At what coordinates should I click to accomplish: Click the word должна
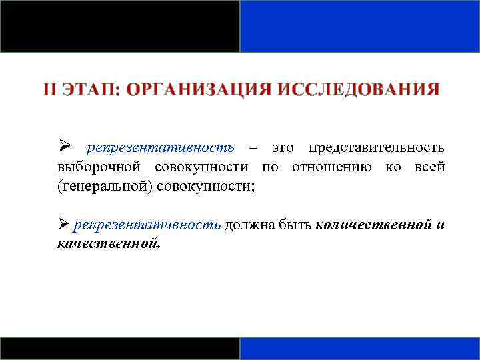(249, 225)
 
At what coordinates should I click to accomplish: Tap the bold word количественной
(371, 225)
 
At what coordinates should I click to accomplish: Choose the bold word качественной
(109, 243)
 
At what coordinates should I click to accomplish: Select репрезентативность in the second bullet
(147, 225)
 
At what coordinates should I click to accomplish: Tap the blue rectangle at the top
(359, 26)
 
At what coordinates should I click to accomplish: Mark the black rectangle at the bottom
(120, 348)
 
